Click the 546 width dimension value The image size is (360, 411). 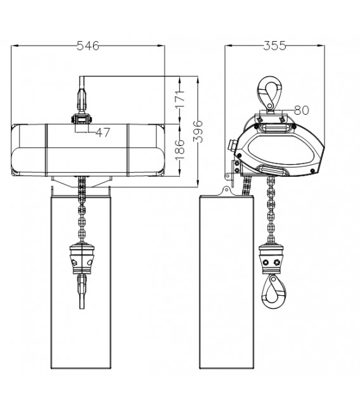tap(88, 46)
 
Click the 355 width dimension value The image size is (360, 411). tap(274, 46)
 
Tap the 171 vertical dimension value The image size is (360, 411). tap(180, 99)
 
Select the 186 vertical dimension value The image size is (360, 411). tap(180, 150)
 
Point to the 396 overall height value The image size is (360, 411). tap(198, 131)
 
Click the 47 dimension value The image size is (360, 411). tap(103, 132)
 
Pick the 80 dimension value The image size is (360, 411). tap(302, 110)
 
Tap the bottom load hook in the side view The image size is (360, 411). tap(273, 291)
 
